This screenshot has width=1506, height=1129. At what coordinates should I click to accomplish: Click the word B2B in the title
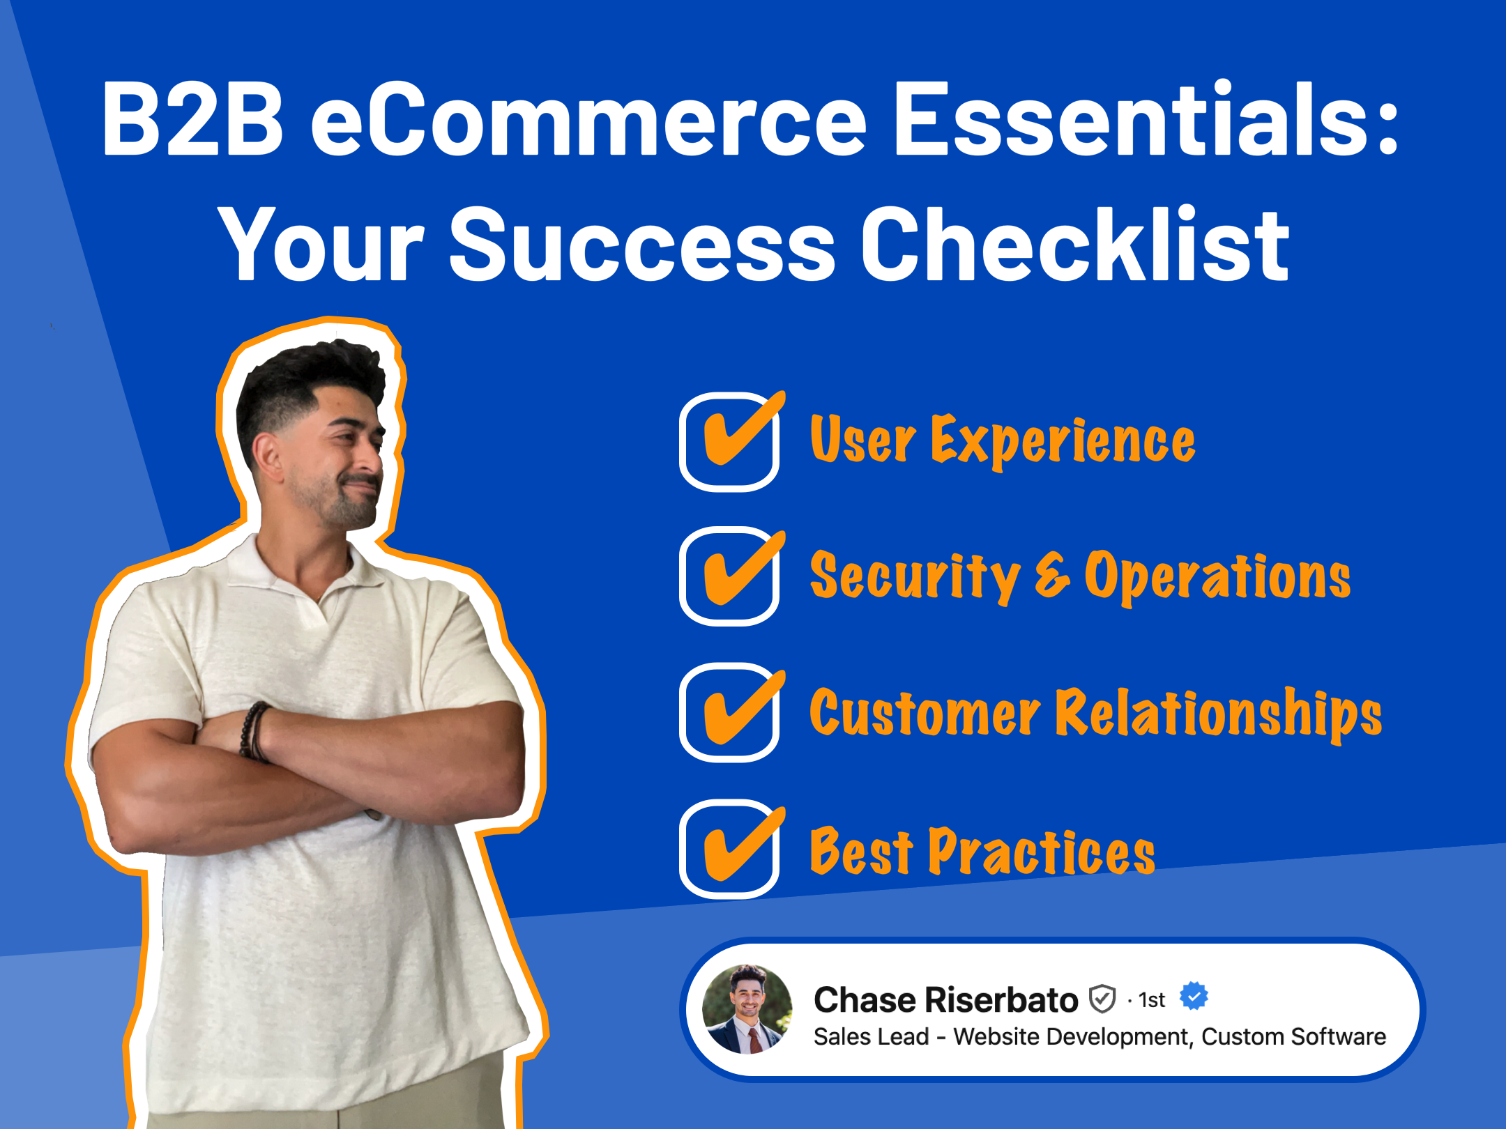pos(192,120)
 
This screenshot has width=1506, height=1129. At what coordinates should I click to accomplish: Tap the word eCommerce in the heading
pos(588,120)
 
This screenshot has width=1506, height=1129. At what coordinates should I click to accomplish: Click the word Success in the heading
pos(641,245)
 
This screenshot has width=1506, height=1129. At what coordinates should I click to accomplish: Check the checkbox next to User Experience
pos(729,442)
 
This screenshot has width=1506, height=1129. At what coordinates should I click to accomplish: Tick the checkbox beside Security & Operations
pos(729,577)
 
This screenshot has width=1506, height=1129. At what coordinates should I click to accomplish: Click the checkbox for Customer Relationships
pos(729,712)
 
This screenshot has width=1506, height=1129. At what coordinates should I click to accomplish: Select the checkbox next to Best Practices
pos(729,849)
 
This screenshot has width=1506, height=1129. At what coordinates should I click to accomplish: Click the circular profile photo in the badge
pos(747,1009)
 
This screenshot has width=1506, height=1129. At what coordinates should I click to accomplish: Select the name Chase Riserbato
pos(945,1000)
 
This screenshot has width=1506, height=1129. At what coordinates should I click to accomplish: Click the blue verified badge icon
pos(1194,996)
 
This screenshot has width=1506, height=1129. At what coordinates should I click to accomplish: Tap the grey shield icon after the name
pos(1102,999)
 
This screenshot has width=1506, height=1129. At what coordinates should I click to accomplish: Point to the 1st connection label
pos(1151,1001)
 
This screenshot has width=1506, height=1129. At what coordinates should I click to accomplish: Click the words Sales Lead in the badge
pos(871,1037)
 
